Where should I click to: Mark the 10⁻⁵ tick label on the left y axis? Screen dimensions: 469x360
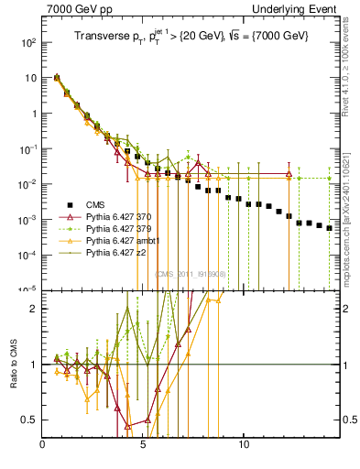pos(28,289)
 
